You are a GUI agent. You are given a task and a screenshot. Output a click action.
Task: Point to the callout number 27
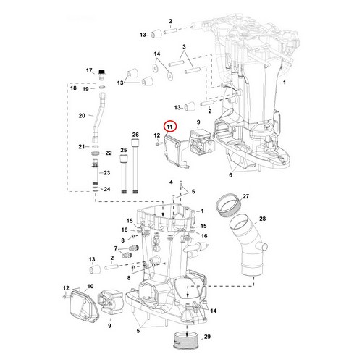245,196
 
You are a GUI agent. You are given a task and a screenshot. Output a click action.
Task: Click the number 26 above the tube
135,135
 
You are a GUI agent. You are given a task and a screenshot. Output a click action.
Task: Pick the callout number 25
122,150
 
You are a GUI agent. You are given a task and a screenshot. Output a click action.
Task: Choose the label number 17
90,70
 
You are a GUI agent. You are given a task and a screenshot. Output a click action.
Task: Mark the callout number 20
82,115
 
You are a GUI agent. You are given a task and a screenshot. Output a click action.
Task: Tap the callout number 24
107,190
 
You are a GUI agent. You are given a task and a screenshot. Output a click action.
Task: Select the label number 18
72,88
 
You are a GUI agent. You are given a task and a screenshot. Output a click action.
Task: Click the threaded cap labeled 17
104,74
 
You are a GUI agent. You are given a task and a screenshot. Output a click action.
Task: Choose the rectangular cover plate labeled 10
79,305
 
